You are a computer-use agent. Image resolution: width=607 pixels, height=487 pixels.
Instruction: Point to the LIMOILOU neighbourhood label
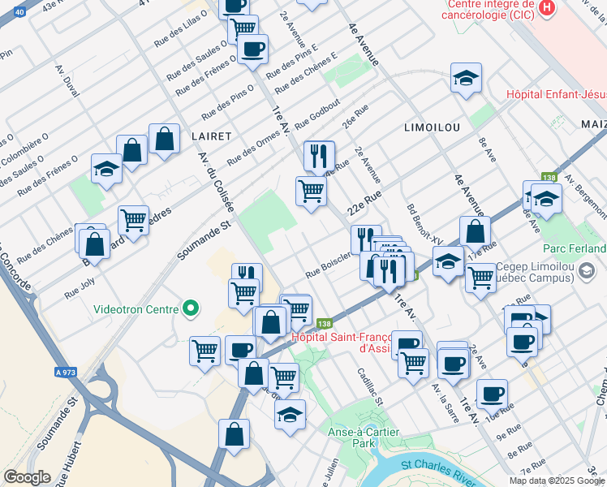click(x=432, y=127)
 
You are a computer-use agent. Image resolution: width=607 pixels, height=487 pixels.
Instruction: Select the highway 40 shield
click(x=20, y=11)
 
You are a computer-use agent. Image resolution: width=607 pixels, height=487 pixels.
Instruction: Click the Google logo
click(x=27, y=477)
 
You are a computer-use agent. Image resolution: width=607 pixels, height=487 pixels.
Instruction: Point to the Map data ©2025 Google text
click(x=557, y=481)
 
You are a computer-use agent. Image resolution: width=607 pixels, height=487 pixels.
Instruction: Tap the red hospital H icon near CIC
click(x=548, y=8)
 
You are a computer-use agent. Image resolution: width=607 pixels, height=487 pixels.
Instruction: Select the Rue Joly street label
click(x=80, y=290)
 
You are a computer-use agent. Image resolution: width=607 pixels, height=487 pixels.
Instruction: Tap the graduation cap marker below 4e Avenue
click(x=466, y=78)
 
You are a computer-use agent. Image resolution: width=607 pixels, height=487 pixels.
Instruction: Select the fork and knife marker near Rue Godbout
click(x=319, y=154)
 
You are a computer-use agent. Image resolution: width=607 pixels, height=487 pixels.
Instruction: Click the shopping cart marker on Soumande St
click(x=133, y=219)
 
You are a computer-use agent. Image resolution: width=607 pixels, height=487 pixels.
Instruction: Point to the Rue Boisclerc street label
click(x=329, y=261)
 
